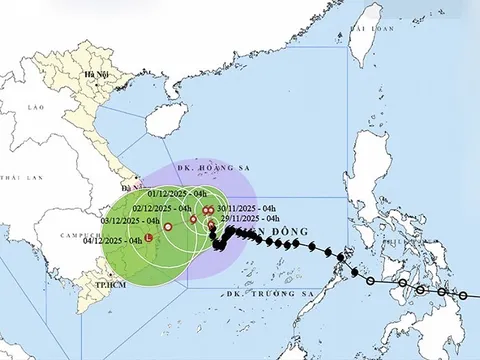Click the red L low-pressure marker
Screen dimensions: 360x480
pyautogui.click(x=148, y=239)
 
